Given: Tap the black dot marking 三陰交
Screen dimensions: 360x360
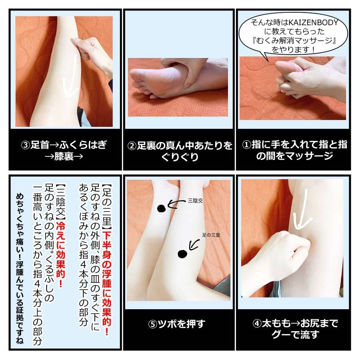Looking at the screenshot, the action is point(162,208).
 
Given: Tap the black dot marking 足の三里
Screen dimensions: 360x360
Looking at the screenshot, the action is point(182,254).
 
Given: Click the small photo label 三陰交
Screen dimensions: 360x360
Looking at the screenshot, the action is point(195,201).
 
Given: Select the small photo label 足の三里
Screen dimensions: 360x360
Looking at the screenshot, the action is point(211,235).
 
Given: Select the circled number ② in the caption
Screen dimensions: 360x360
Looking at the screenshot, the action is point(132,146).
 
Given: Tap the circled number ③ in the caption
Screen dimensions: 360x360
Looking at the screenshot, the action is point(25,145).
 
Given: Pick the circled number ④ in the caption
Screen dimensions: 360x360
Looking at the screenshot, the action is point(257,324).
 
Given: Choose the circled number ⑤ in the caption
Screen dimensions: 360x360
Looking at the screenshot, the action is point(153,324).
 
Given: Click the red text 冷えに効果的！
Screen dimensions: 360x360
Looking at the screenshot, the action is point(61,254).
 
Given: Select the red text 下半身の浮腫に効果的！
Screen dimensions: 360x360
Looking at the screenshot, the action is point(106,283).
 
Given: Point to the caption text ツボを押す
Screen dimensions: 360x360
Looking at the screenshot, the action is point(181,324).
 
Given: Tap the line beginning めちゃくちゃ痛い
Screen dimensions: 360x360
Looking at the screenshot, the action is point(20,269).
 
